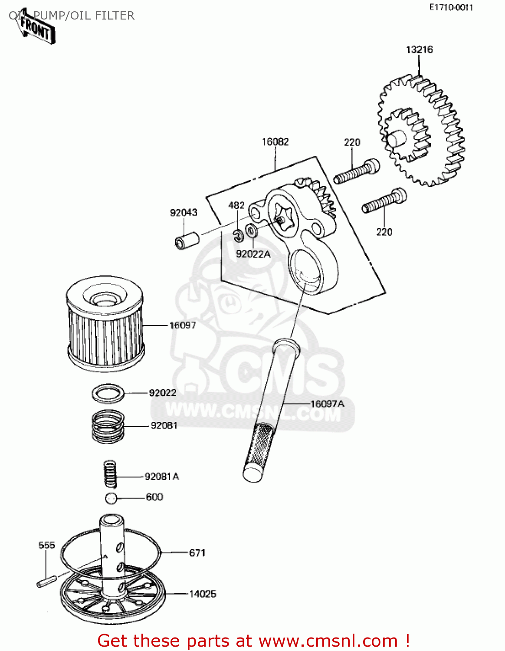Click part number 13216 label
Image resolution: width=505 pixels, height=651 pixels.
point(419,50)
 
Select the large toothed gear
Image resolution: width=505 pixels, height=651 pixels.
point(421,130)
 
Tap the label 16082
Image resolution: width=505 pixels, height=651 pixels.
point(275,142)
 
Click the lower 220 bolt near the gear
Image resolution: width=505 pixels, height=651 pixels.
point(384,202)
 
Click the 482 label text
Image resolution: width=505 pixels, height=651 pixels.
point(236,205)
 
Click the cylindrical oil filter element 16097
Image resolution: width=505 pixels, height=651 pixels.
point(105,323)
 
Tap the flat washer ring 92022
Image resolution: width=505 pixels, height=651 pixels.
point(108,394)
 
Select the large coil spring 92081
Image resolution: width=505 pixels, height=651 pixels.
point(108,427)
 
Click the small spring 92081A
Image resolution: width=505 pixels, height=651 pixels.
point(111,474)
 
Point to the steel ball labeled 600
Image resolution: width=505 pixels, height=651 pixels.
point(111,498)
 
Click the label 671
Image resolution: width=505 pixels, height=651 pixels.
point(197,553)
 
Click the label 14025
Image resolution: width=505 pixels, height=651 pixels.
point(202,594)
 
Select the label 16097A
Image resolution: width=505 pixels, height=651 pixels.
point(328,404)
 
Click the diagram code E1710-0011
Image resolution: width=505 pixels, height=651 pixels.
point(451,7)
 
